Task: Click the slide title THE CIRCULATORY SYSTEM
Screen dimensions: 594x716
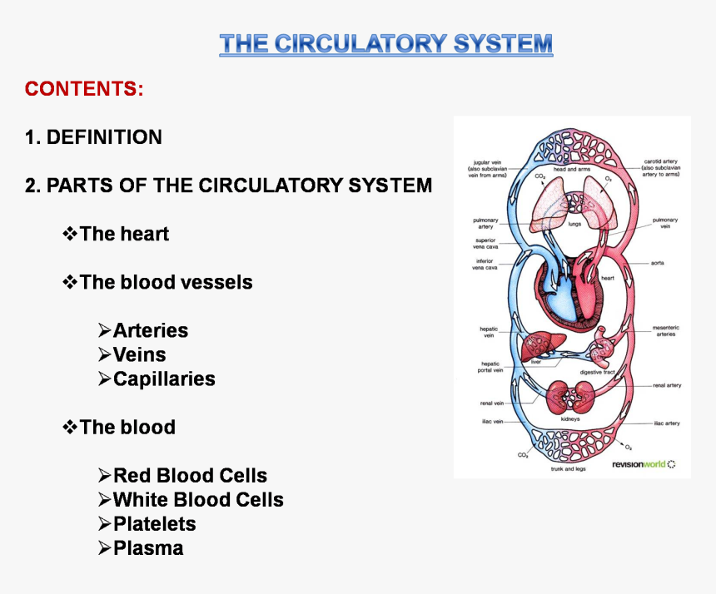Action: (385, 43)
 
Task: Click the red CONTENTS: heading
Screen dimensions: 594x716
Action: (84, 89)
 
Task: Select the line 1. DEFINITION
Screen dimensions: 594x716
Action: (93, 137)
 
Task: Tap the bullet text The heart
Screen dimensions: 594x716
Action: (124, 234)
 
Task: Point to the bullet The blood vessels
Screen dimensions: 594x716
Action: (166, 282)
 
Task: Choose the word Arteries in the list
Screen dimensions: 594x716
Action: (151, 330)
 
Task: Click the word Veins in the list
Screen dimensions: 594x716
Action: (139, 354)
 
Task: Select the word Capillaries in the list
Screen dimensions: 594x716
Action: (164, 379)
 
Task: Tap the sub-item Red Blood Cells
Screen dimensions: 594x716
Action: (190, 476)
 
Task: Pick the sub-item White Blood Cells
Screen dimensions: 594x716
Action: (198, 500)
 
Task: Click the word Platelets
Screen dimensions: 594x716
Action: (155, 524)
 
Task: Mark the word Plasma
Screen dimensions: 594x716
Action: (148, 548)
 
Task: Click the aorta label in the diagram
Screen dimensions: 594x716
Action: (657, 263)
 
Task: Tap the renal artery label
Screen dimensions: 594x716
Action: (667, 386)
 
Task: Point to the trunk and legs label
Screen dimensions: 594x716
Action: (568, 469)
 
